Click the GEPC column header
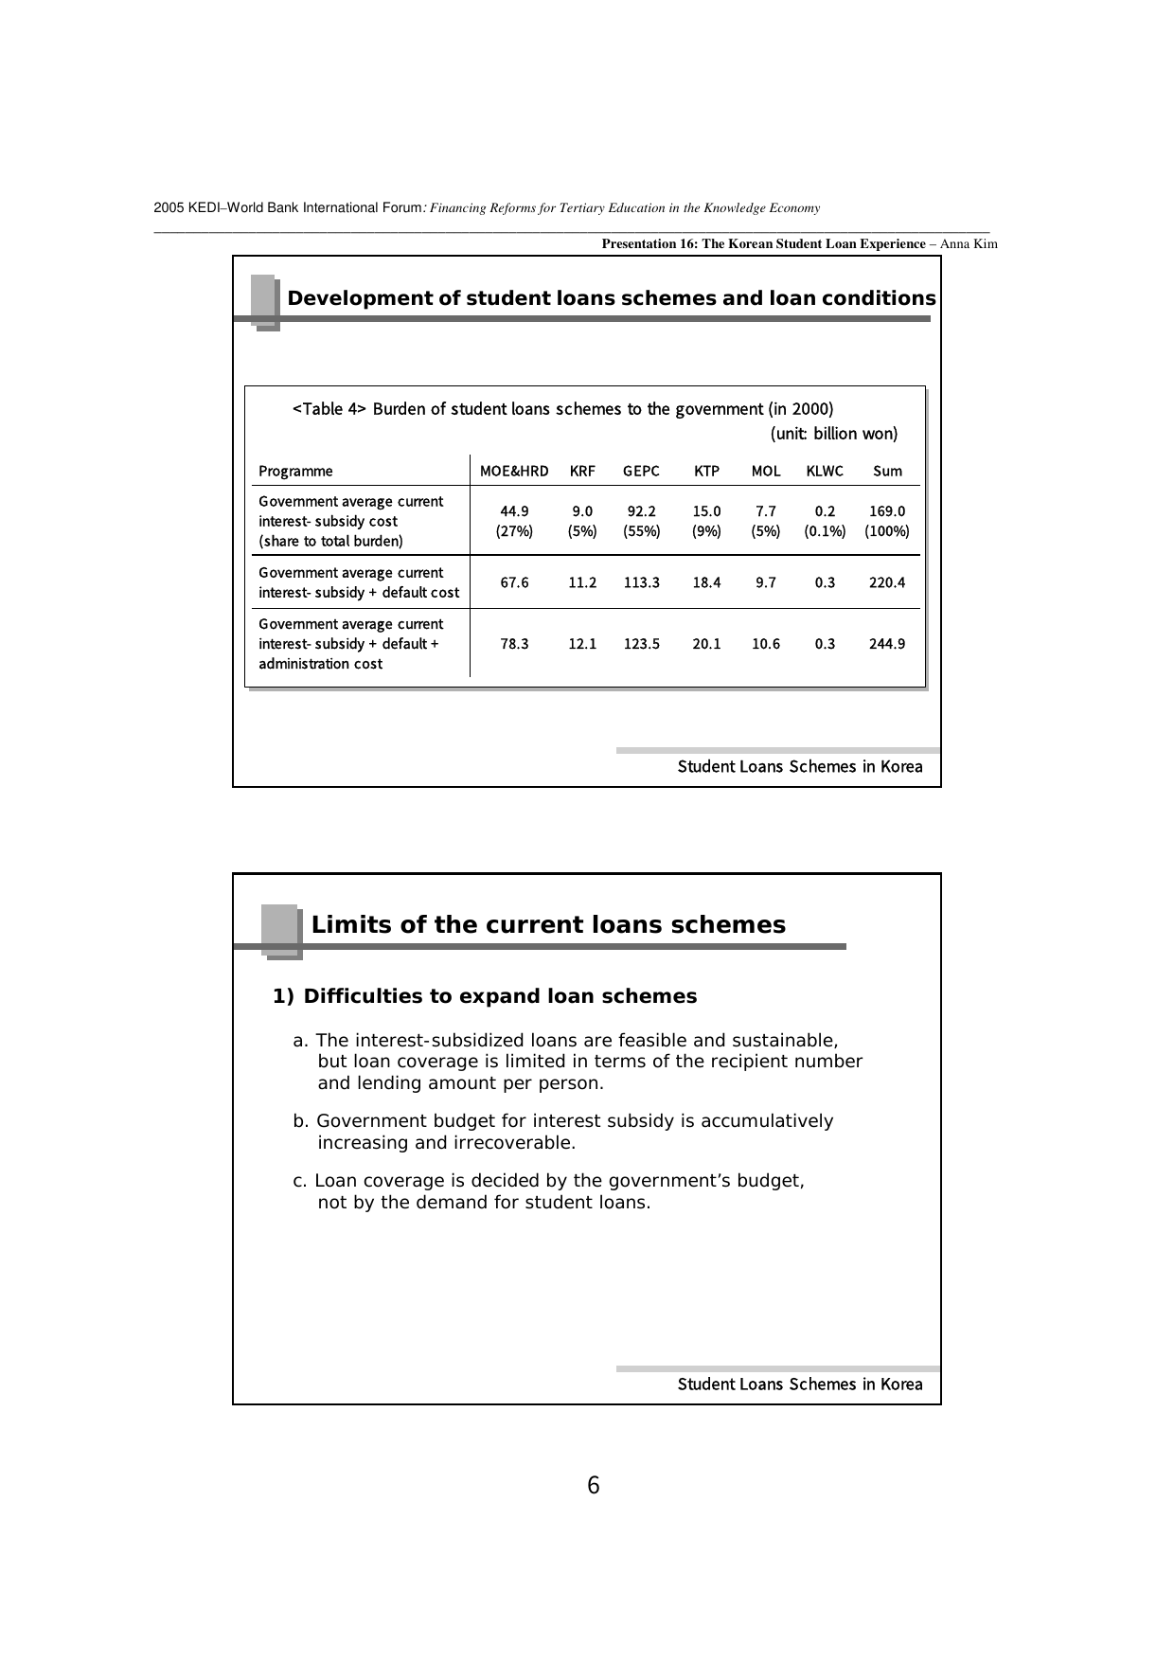point(641,471)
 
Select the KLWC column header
point(825,471)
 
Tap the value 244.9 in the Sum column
point(887,644)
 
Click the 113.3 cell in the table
point(641,582)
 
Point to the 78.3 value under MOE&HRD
point(514,644)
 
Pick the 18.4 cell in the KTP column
point(706,582)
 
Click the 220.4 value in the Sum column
point(887,582)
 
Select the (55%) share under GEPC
point(641,531)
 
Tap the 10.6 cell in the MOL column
point(766,644)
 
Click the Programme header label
point(295,471)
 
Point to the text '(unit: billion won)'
point(834,434)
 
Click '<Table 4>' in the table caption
point(329,409)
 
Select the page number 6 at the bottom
point(594,1486)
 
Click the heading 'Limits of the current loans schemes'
point(548,925)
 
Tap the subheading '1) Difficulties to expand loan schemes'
point(485,996)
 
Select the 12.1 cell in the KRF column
point(582,644)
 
